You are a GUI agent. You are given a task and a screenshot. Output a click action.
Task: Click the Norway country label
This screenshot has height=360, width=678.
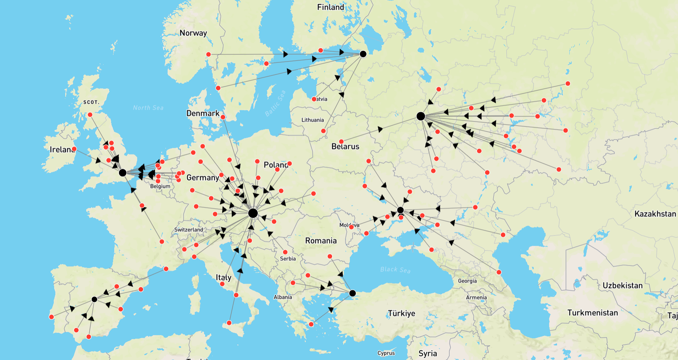coord(193,33)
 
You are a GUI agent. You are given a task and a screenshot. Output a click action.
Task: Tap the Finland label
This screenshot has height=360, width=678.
coord(331,7)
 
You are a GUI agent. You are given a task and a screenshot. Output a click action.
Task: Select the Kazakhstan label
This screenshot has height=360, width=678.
coord(655,214)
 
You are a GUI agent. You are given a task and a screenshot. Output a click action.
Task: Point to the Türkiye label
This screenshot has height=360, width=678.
coord(401,313)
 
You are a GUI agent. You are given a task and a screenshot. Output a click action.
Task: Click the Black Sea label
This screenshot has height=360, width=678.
coord(395,270)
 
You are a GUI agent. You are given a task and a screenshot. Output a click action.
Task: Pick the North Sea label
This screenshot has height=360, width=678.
coord(148,107)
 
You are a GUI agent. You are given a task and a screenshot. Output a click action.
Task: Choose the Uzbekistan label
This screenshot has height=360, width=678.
coord(622,285)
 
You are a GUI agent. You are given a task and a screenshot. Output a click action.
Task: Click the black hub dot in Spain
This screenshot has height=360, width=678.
coord(94,299)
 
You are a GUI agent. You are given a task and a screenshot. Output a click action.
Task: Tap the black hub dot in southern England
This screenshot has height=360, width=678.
coord(123,173)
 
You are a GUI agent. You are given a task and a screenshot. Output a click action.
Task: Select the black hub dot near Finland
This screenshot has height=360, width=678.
coord(363,54)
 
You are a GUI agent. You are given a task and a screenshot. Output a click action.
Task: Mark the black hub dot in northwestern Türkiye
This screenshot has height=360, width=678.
coord(352,293)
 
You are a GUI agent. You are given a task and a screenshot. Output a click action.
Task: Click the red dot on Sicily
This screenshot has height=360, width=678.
coord(229,323)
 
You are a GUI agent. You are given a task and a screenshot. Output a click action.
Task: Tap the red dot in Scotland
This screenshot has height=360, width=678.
coord(90,115)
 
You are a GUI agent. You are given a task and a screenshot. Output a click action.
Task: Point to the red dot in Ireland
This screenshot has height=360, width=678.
coord(74,149)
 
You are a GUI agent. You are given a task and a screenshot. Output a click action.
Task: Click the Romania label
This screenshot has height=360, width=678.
coord(321,241)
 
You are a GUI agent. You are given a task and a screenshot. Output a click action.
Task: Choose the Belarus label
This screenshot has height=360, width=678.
coord(345,147)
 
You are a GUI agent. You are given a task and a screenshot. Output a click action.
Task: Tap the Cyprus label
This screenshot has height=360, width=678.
coord(386,353)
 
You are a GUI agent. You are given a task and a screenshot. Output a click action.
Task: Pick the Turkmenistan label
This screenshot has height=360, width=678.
coord(592,313)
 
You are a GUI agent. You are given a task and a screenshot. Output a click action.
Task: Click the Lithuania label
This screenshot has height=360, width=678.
coord(312,120)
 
